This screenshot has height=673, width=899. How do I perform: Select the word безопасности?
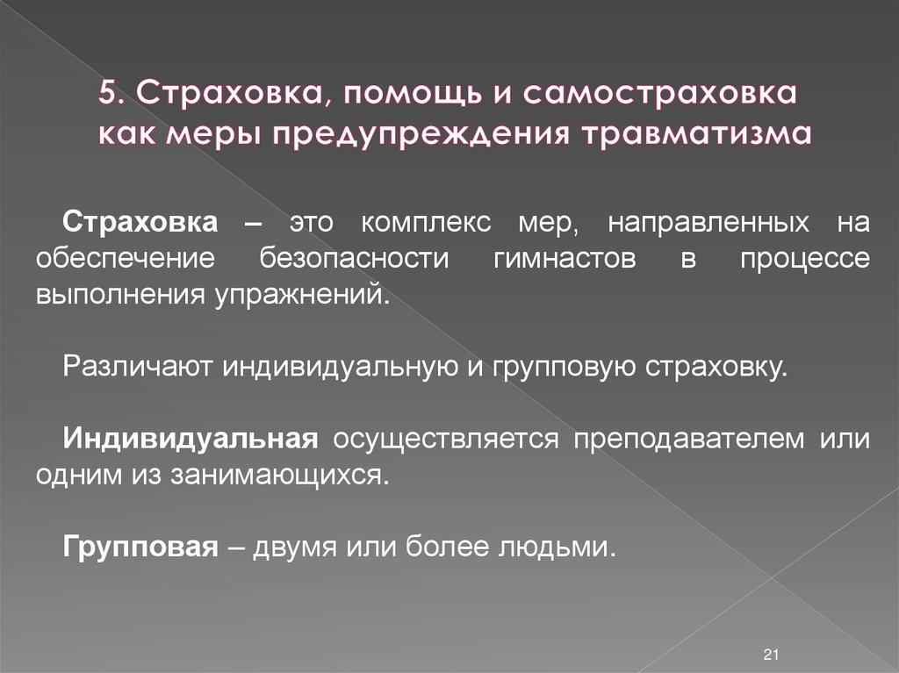[354, 259]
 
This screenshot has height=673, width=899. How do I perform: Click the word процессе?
[804, 259]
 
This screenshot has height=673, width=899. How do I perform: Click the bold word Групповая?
[140, 547]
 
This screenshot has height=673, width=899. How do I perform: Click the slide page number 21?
[772, 655]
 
